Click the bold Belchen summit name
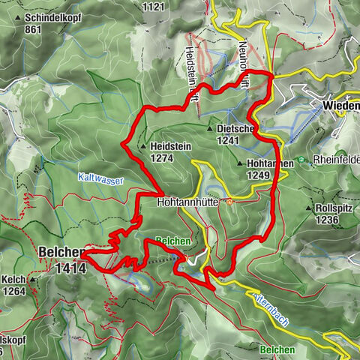click(x=57, y=254)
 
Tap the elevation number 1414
click(x=69, y=267)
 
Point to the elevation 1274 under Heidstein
click(x=162, y=158)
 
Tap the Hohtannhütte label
click(x=190, y=202)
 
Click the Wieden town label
click(x=341, y=106)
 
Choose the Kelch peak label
click(x=16, y=279)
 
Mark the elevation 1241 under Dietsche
click(x=229, y=139)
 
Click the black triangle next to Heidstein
click(x=144, y=147)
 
